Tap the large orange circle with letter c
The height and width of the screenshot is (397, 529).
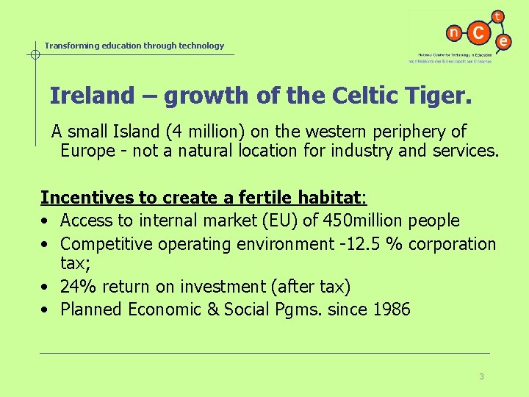pos(479,33)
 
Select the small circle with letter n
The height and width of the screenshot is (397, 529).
pos(454,33)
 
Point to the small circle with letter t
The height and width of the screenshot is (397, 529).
pos(498,16)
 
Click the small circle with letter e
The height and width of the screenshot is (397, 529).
pos(503,42)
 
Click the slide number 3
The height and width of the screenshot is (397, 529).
pos(481,376)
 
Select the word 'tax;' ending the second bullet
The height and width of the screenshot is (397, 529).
pos(75,263)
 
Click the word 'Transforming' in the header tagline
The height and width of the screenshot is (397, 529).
pos(71,46)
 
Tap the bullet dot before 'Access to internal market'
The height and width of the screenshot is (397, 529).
pos(46,221)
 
